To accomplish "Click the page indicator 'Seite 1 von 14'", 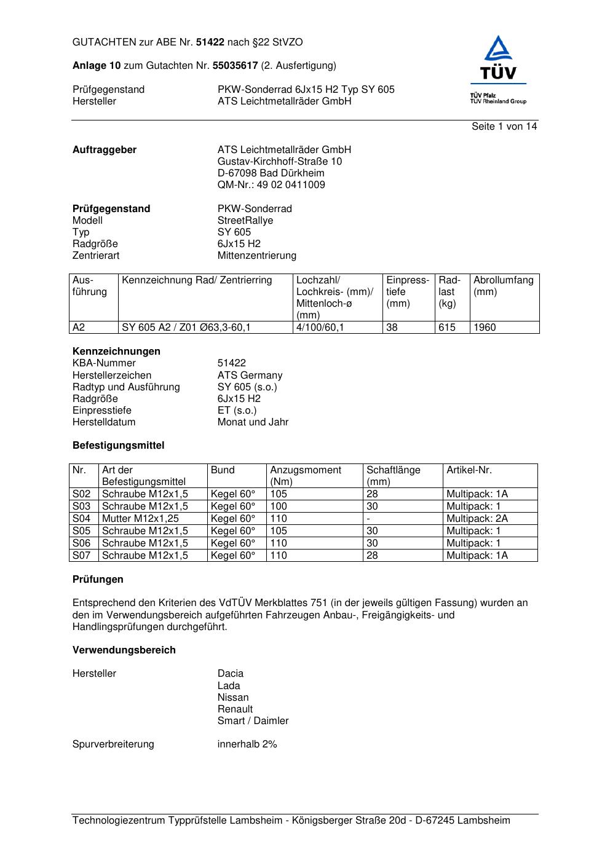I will click(504, 127).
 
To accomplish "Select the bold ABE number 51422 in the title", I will click(210, 42).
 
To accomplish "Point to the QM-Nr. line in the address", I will click(271, 185).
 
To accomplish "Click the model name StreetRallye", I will click(245, 221).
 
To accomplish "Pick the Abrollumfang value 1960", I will click(485, 328).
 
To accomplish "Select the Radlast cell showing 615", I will click(447, 328).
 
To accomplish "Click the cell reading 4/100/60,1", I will click(320, 328).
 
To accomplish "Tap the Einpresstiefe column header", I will click(408, 292).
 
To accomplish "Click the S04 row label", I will click(82, 519).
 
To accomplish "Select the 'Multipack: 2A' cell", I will click(477, 519).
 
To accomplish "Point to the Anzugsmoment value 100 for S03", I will click(279, 506).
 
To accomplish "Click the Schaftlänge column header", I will click(394, 476).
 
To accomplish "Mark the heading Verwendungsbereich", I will click(124, 650).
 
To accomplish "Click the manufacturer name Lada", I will click(229, 686).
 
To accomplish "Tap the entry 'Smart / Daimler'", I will click(253, 721).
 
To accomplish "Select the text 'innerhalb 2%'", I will click(247, 744).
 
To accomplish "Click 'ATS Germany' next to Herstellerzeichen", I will click(250, 376).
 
